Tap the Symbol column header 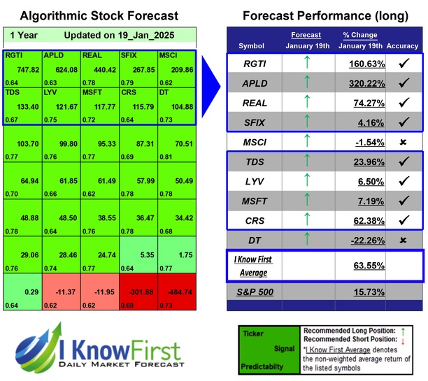(x=251, y=46)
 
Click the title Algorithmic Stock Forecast (x=98, y=15)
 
